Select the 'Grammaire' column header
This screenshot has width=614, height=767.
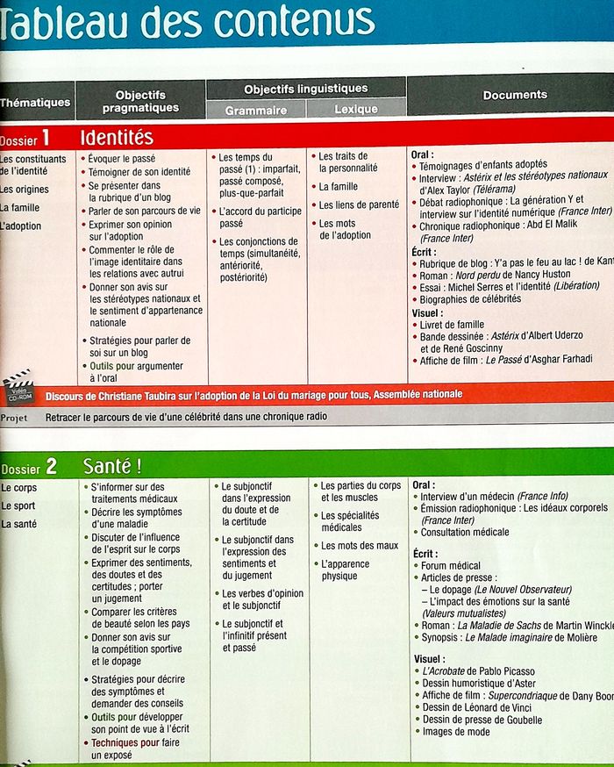(x=255, y=111)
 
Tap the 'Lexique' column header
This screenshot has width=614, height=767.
(x=355, y=110)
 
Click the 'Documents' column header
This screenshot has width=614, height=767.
(x=514, y=95)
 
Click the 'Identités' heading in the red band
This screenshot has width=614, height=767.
(x=117, y=138)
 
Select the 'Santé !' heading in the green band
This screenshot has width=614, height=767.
(x=112, y=466)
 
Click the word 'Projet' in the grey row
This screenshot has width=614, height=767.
(x=14, y=417)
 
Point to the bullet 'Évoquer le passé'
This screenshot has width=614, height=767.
(x=122, y=159)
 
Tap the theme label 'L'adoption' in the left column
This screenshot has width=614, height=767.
(x=21, y=226)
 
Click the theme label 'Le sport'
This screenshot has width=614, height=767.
(x=18, y=505)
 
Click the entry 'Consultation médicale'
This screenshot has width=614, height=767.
(x=465, y=532)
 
